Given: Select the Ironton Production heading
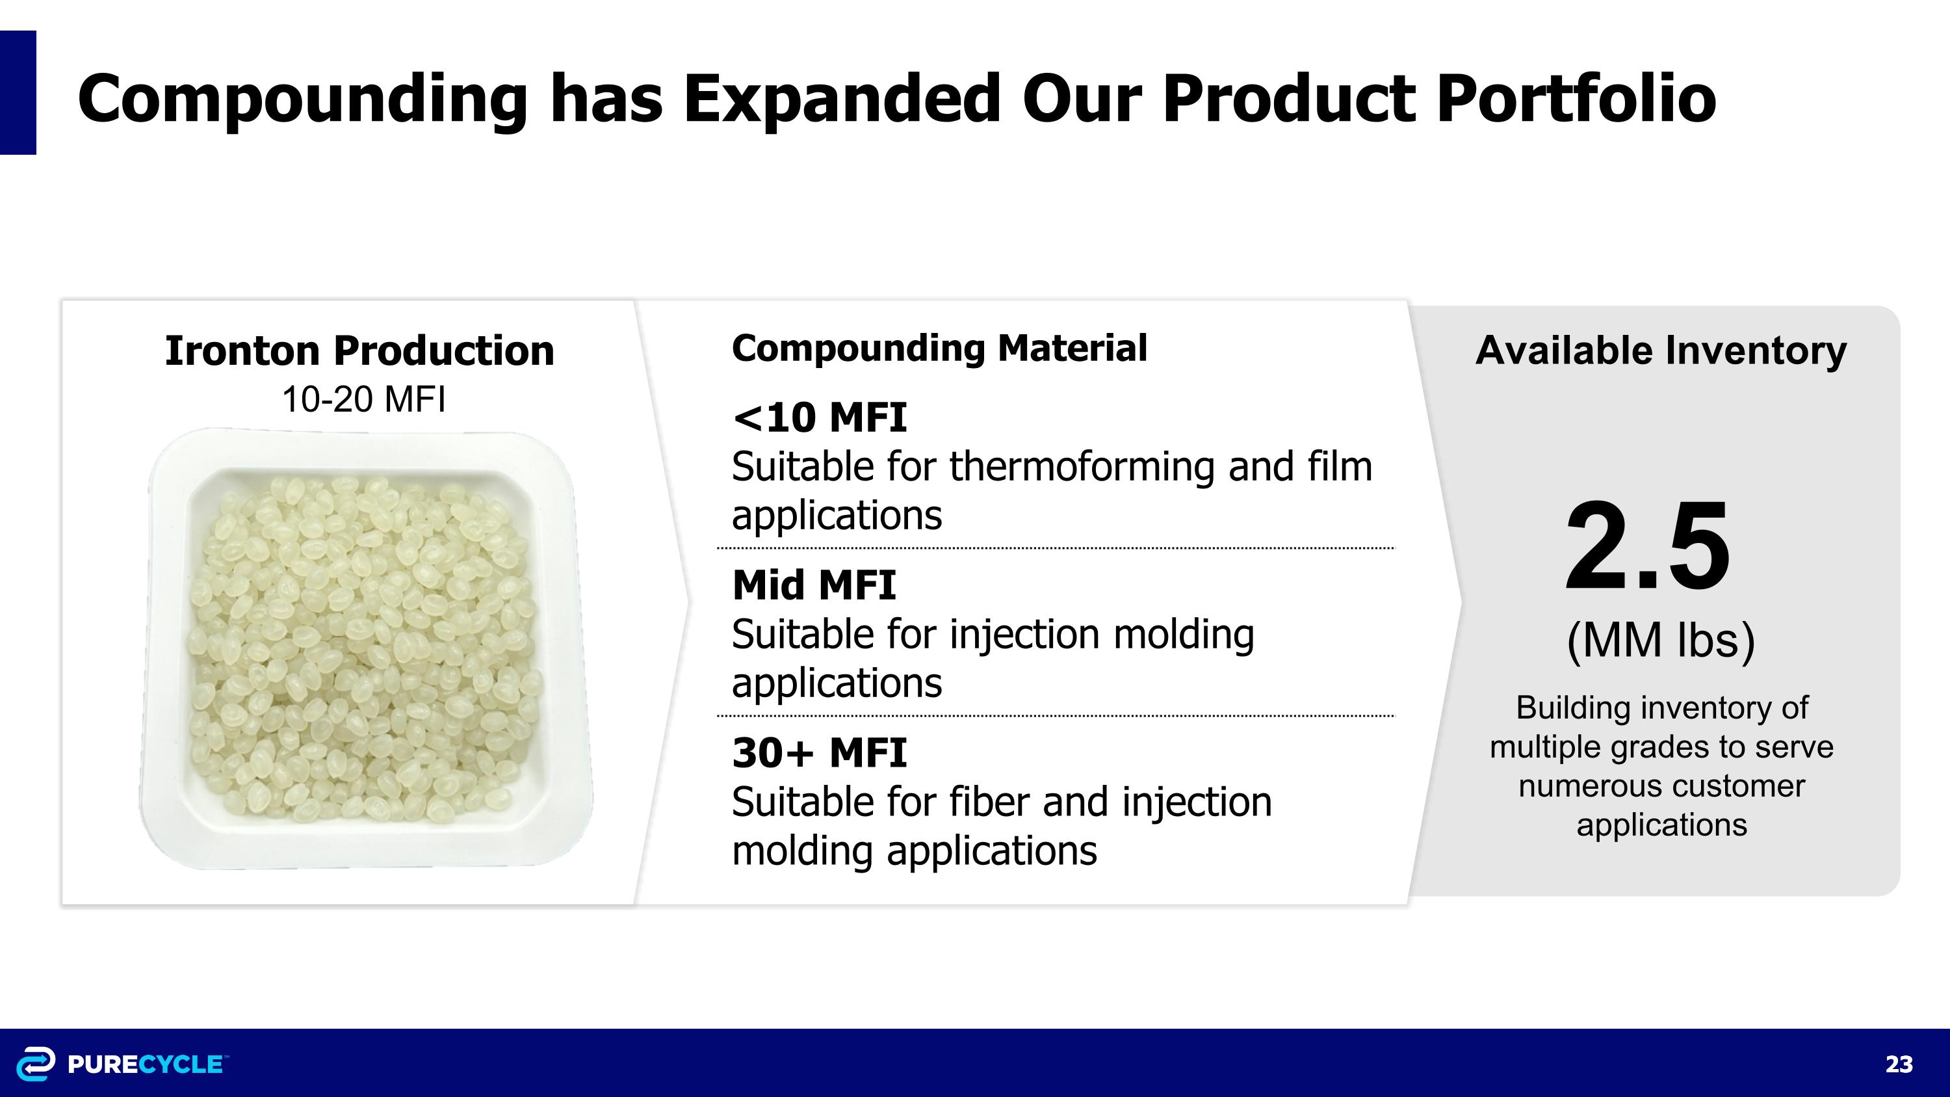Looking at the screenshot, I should click(359, 351).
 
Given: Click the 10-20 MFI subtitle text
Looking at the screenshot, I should click(363, 399).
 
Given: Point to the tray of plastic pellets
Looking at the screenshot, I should click(365, 650).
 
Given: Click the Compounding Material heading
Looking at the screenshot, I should click(939, 349).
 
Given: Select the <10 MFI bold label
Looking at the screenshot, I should click(819, 417).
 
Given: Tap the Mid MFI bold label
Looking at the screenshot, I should click(814, 585).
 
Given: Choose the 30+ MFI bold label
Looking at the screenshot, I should click(819, 752).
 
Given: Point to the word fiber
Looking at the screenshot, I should click(989, 802).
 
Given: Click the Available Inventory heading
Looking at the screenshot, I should click(1661, 351).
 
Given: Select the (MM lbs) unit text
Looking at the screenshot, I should click(1660, 641).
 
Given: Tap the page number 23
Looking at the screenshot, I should click(1899, 1064).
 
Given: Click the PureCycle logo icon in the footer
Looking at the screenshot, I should click(36, 1064).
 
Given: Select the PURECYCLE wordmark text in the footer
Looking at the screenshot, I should click(146, 1064).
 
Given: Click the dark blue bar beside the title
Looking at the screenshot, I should click(18, 92).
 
